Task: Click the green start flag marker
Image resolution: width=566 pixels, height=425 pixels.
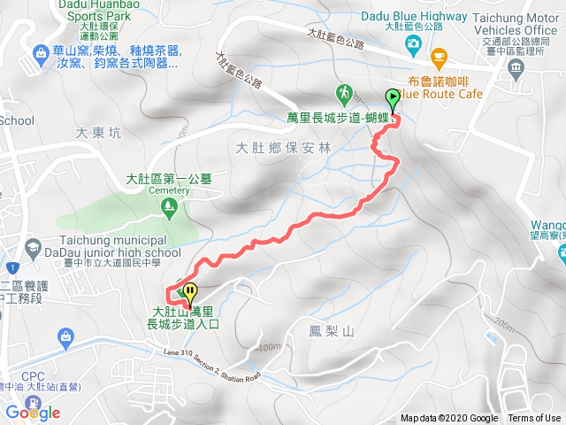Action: coord(393,99)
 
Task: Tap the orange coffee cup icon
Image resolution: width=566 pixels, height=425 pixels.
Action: coord(439,58)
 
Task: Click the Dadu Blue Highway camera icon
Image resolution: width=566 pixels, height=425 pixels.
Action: coord(413,42)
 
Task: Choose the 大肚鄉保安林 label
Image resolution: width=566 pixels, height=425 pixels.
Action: coord(284,148)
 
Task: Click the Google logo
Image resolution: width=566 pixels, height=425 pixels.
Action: coord(33,413)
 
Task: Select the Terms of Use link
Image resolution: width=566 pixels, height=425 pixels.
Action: coord(533,419)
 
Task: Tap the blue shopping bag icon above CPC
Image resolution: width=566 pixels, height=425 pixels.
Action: coord(65,336)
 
